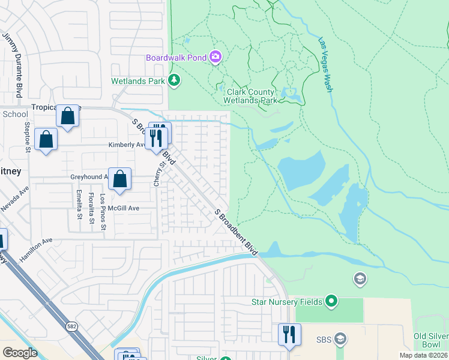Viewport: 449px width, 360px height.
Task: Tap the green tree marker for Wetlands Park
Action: [x=174, y=80]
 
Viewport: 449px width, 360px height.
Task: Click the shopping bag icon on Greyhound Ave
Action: [x=120, y=178]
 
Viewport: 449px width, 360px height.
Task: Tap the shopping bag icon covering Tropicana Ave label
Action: [x=68, y=116]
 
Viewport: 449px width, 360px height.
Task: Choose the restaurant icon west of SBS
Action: [x=289, y=334]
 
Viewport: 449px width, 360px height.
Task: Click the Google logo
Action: [x=20, y=353]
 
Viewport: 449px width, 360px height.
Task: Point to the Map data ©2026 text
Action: [x=423, y=355]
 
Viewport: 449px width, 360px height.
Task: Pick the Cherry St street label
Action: [x=158, y=173]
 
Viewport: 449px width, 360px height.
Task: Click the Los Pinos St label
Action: [x=103, y=212]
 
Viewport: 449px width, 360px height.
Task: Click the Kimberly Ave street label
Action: [x=127, y=145]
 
